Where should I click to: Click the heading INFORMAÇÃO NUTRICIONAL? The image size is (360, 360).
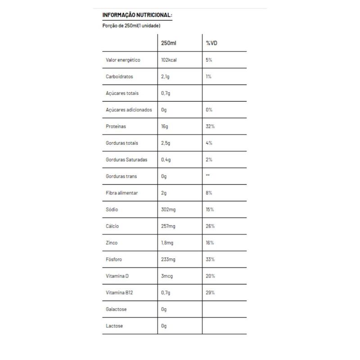coord(137,15)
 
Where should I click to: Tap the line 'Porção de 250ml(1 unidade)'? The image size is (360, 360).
coord(131,26)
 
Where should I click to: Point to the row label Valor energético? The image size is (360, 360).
coord(123,60)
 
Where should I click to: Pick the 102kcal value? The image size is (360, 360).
coord(171,60)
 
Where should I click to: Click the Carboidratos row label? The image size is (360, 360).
coord(119,76)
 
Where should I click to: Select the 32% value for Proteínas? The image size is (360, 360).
coord(210,126)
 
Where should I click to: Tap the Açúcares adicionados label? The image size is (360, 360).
coord(129,110)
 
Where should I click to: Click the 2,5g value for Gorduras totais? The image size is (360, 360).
coord(166,143)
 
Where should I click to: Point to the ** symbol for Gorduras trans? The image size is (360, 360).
coord(207,176)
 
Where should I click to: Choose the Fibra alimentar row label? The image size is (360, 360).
coord(121,193)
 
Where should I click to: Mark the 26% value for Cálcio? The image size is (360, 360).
coord(210,226)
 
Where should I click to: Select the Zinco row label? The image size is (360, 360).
coord(112,243)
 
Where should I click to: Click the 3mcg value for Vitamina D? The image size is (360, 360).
coord(167,276)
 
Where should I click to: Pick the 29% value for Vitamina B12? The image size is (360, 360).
coord(210,292)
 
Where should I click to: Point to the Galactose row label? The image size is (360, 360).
coord(116,309)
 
